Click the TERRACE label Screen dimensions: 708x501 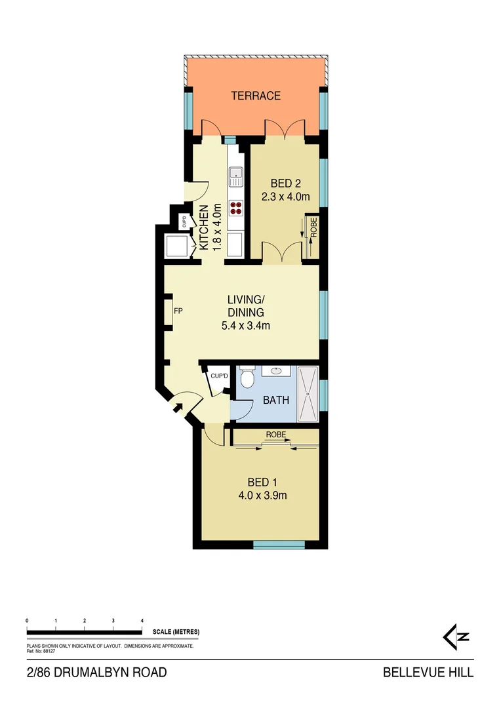[x=256, y=96]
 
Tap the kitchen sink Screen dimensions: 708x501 [x=235, y=176]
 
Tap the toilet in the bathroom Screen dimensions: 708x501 [x=247, y=378]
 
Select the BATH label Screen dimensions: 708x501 [x=275, y=399]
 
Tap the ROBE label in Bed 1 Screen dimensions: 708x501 [x=275, y=435]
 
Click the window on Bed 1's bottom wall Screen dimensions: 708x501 [x=279, y=544]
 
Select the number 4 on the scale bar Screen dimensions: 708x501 [x=142, y=620]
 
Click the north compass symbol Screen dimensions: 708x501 [x=456, y=636]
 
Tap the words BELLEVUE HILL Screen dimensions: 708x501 [x=428, y=673]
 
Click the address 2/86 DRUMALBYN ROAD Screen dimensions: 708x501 [x=97, y=673]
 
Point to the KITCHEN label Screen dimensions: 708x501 [x=204, y=227]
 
